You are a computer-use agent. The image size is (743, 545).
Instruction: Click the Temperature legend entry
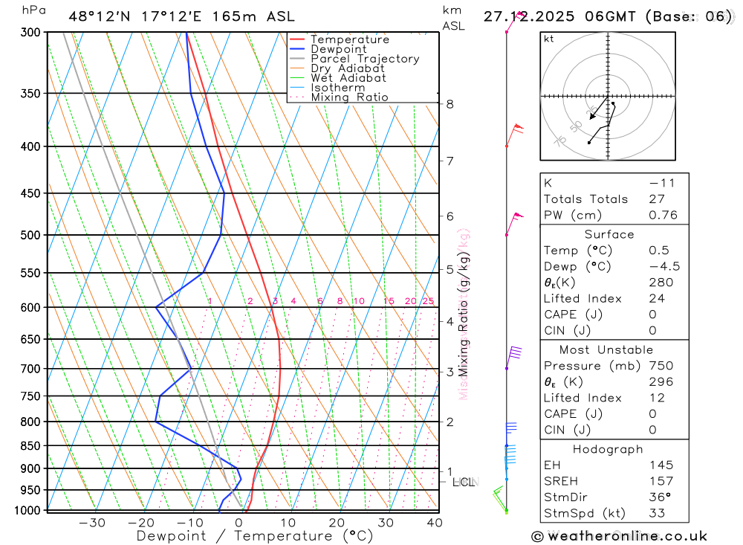(349, 39)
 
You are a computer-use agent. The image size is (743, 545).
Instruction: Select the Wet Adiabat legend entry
(348, 78)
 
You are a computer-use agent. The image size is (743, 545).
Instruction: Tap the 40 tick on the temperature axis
(435, 523)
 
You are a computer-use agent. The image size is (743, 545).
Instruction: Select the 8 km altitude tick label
(450, 104)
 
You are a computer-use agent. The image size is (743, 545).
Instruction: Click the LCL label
(464, 483)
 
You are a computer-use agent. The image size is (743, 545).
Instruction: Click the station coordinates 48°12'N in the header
(97, 16)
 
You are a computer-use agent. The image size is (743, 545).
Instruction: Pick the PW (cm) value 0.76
(663, 216)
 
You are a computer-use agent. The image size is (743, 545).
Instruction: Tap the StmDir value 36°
(658, 497)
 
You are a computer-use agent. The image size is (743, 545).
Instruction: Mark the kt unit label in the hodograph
(549, 39)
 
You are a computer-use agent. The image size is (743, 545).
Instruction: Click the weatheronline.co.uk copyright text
(619, 536)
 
